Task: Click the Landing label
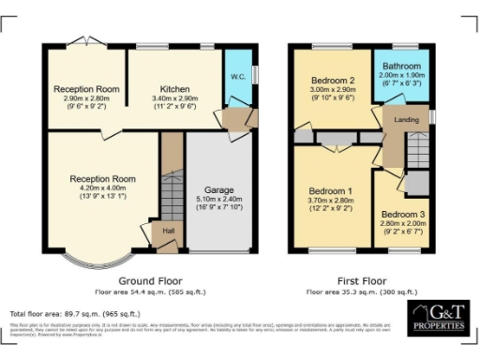click(x=407, y=118)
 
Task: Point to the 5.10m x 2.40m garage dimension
click(x=219, y=199)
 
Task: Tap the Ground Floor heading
click(x=150, y=280)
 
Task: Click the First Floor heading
click(x=361, y=280)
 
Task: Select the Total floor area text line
click(x=75, y=313)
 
